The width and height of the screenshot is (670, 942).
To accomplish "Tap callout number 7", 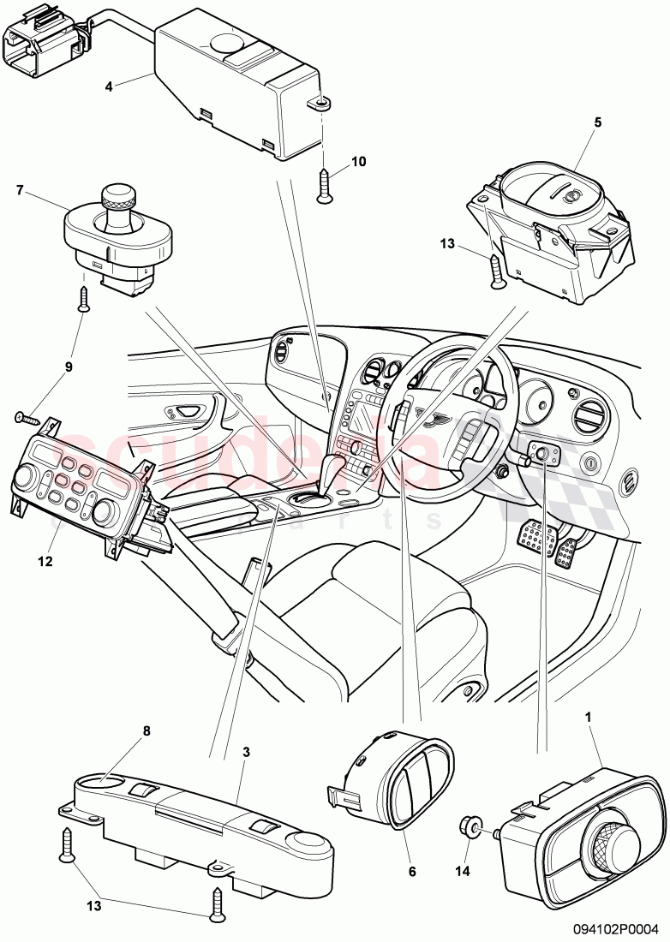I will pos(20,189).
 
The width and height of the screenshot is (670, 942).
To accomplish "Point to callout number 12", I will pos(45,562).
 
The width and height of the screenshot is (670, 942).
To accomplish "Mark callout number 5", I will pos(597,122).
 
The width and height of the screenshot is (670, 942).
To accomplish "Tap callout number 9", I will pos(69,367).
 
